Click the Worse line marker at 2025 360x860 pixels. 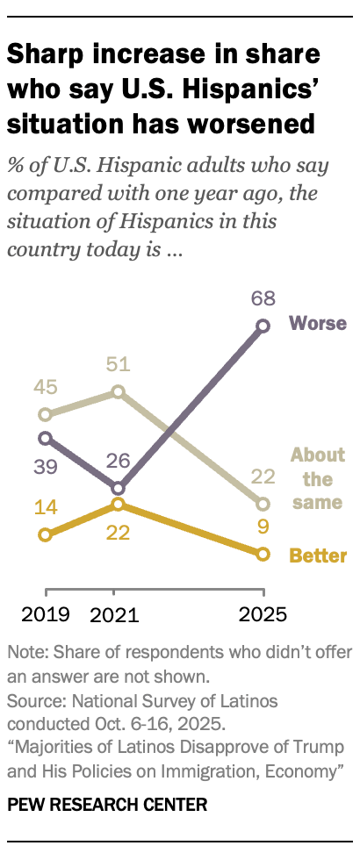(262, 326)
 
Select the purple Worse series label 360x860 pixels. (317, 324)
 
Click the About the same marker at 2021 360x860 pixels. (118, 391)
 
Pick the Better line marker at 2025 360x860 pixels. (262, 554)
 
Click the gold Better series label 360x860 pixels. (318, 555)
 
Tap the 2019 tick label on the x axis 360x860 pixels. (45, 613)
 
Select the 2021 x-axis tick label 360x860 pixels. (115, 613)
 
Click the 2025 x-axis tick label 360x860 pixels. (262, 613)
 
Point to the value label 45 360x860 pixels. (45, 387)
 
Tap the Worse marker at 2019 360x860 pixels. (45, 437)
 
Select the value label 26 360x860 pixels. (118, 459)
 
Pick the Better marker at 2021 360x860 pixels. (118, 505)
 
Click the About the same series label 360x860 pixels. (317, 479)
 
